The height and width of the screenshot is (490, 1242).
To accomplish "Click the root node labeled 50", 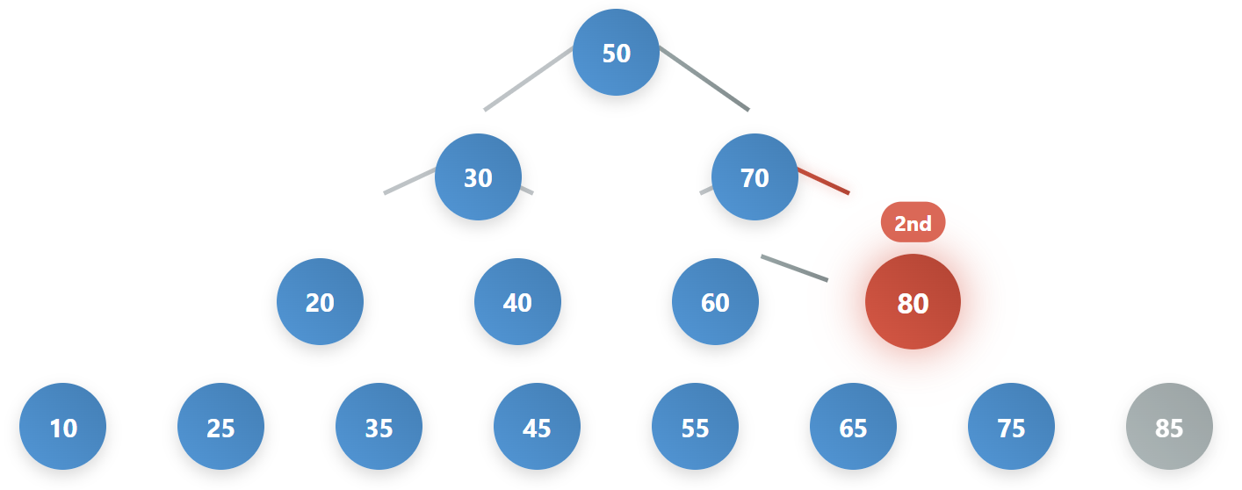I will (x=616, y=52).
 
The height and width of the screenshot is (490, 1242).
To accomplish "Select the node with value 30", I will (x=478, y=177).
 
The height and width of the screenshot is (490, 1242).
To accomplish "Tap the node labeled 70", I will (x=755, y=177).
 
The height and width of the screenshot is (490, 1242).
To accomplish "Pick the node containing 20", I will (x=320, y=301).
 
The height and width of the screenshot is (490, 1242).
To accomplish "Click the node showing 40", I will (x=517, y=301).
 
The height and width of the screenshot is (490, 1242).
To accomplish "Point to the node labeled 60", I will (x=715, y=301).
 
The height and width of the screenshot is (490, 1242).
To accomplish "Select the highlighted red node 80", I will (x=913, y=302).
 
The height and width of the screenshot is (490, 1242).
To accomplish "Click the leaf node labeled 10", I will (x=63, y=427).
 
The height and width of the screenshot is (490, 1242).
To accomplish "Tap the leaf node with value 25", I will (x=220, y=427).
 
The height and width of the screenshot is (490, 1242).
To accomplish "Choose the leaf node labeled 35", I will (x=379, y=427).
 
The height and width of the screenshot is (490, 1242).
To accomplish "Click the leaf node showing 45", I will (x=537, y=427).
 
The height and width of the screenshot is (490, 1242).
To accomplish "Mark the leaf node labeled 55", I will (x=695, y=427).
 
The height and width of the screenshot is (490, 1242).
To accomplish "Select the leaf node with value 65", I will (x=853, y=427).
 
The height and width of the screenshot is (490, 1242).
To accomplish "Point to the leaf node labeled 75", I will (x=1011, y=427).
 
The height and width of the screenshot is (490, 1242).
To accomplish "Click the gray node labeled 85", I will (x=1169, y=427).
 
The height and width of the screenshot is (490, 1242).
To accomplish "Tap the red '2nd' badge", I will (x=913, y=222).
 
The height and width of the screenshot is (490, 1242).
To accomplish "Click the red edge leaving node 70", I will (x=824, y=181).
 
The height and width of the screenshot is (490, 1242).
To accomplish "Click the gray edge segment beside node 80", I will (x=794, y=268).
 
